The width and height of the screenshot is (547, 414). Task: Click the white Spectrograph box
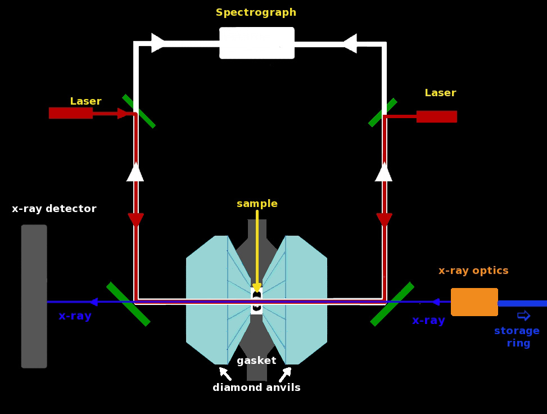point(257,43)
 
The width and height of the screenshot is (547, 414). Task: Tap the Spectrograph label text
point(256,12)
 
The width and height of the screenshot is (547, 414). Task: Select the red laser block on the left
point(71,113)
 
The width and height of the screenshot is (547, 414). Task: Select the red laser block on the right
point(437,116)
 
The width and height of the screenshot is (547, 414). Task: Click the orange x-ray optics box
point(474,302)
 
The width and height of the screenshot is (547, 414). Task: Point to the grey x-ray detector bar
point(34,296)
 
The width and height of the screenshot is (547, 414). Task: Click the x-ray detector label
point(54,208)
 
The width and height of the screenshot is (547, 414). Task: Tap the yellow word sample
point(257,204)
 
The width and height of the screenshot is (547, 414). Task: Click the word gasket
point(256,360)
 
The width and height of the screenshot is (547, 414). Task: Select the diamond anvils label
point(256,387)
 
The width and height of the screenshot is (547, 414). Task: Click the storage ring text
point(517,336)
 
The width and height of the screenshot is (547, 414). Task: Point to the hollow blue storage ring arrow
point(523,316)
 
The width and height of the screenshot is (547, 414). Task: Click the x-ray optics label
point(473,271)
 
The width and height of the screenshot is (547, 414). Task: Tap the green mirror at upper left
point(139,111)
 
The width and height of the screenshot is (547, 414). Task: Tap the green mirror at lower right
point(392,304)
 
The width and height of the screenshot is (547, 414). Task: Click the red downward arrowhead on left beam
point(135,220)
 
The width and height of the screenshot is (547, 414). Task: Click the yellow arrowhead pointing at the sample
point(257,288)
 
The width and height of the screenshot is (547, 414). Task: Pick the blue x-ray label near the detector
point(75,316)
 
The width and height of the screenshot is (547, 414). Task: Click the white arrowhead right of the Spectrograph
point(350,43)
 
